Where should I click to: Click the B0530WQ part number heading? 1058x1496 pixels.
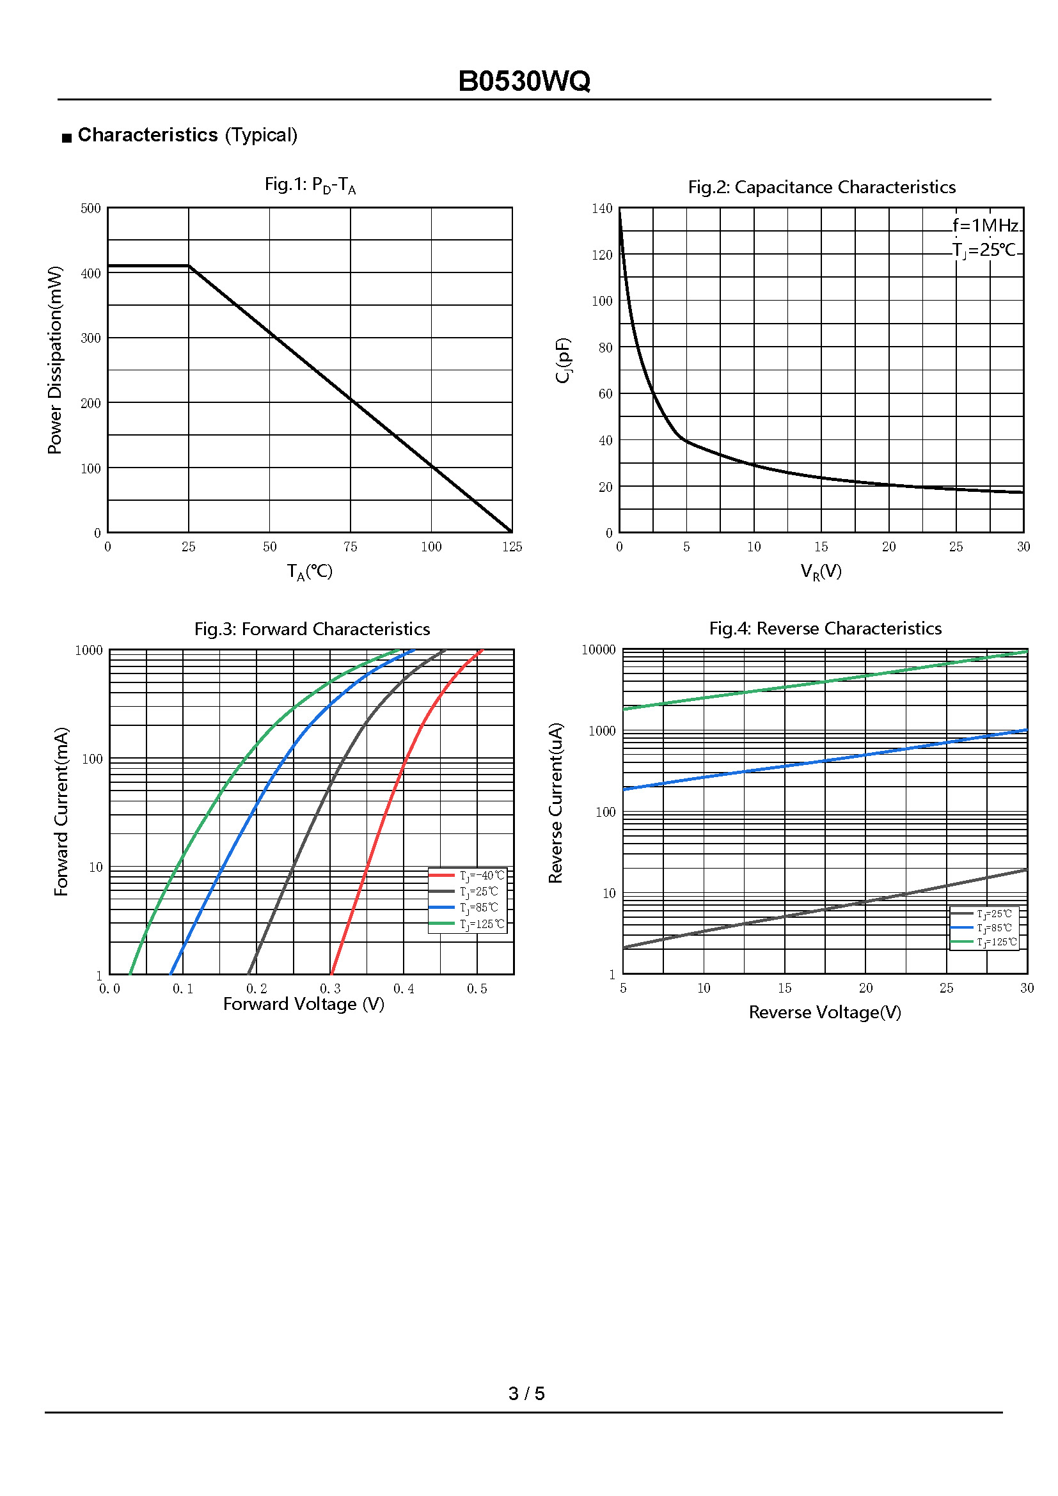(x=524, y=81)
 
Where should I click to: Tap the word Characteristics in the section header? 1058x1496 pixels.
(x=147, y=135)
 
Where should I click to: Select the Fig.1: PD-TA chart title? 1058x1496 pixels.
(x=310, y=185)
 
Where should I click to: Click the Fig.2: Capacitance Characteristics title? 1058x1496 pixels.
(x=821, y=187)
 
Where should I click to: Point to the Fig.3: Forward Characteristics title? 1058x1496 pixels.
(x=312, y=629)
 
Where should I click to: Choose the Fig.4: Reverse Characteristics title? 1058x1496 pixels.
(x=825, y=628)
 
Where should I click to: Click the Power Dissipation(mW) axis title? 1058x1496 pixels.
(x=56, y=359)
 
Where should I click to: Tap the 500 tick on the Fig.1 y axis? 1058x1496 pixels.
(x=91, y=209)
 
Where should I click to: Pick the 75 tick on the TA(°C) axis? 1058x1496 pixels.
(x=350, y=547)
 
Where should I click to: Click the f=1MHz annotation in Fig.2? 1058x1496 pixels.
(x=985, y=225)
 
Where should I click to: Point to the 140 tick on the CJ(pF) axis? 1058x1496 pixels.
(x=602, y=209)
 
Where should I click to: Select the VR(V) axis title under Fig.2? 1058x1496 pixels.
(x=821, y=571)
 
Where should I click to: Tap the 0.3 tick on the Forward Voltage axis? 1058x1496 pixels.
(x=329, y=988)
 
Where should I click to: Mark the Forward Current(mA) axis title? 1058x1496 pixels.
(x=61, y=811)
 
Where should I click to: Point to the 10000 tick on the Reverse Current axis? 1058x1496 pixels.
(x=598, y=650)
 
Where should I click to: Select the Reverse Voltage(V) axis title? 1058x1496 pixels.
(x=825, y=1012)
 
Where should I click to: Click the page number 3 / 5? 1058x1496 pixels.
(x=526, y=1393)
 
